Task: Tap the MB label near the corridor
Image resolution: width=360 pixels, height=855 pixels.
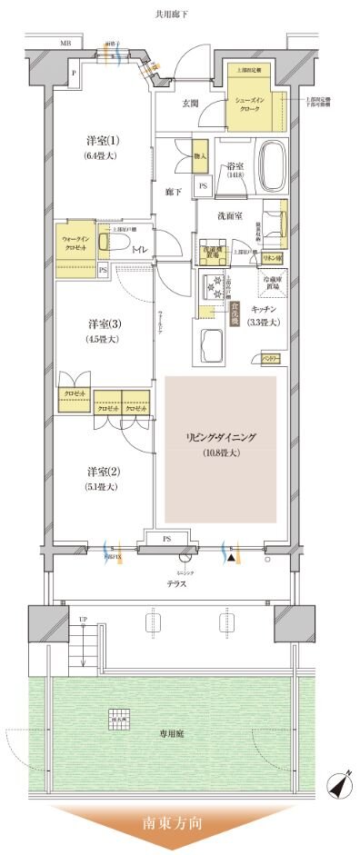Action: click(x=65, y=42)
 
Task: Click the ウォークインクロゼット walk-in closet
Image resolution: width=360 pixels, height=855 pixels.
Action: click(x=75, y=247)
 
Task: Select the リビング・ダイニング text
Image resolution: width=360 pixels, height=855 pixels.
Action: click(x=221, y=438)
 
